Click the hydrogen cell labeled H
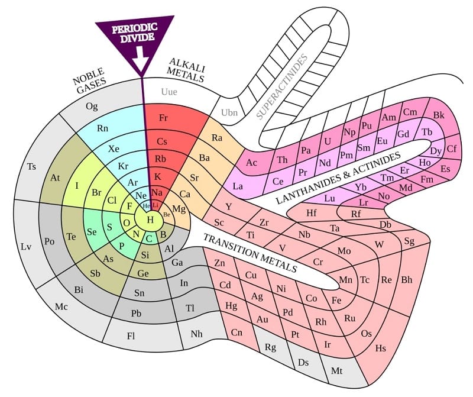click(150, 220)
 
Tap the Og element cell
click(92, 106)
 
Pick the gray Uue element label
click(169, 92)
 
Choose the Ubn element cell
click(228, 112)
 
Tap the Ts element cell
click(32, 166)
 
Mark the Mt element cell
click(336, 371)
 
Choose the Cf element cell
click(451, 149)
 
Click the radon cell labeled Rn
click(103, 128)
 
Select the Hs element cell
click(381, 347)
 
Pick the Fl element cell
click(132, 335)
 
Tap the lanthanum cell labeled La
click(238, 186)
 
